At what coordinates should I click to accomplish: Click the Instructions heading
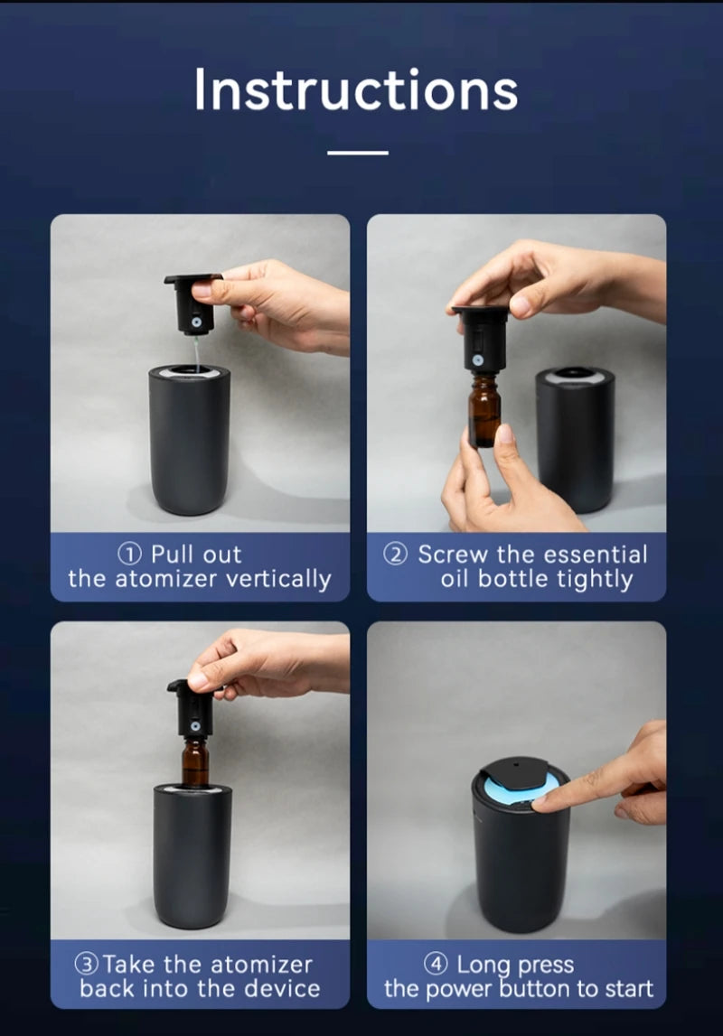355,89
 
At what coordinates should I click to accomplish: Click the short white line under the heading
358,153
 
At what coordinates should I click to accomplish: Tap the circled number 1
129,554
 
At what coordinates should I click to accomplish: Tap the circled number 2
395,554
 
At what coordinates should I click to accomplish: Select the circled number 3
87,964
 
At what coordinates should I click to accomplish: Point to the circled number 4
436,964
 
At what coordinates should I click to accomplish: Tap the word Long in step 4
484,965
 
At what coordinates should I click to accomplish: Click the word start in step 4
627,989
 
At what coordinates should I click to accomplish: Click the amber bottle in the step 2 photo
485,411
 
